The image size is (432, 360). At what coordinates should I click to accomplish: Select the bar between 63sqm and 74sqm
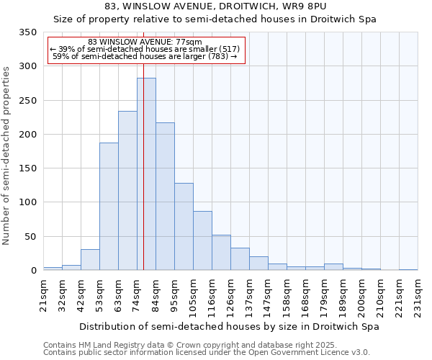tap(127, 191)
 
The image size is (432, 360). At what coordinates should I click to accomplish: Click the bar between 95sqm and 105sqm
tap(184, 227)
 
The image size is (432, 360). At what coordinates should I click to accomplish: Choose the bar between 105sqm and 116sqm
tap(202, 241)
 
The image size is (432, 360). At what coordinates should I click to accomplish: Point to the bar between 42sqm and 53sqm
tap(90, 260)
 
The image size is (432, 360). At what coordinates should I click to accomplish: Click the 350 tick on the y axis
tap(27, 32)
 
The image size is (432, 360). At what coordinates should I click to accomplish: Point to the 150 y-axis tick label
tap(27, 168)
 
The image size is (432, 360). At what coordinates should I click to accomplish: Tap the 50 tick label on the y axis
tap(30, 236)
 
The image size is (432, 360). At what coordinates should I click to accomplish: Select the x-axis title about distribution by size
tap(229, 326)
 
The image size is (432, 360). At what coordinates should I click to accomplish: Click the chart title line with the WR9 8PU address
tap(215, 6)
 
